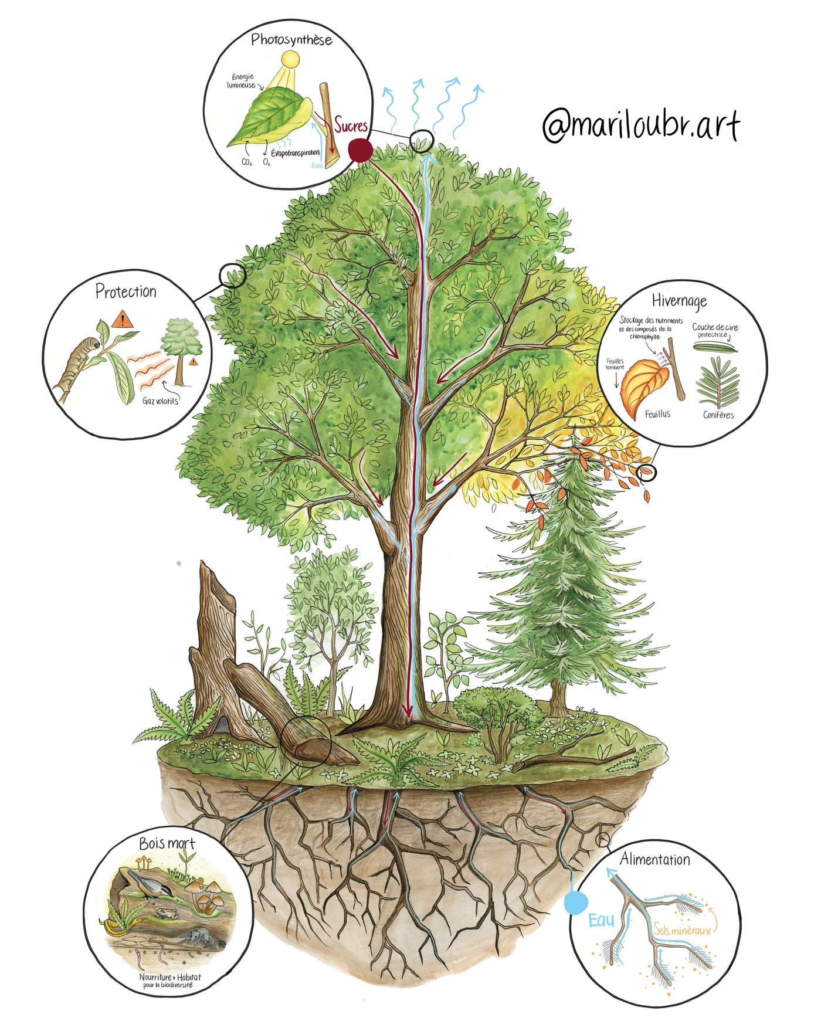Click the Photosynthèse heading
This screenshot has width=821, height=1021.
[x=291, y=40]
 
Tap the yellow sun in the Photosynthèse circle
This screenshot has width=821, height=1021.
[x=290, y=59]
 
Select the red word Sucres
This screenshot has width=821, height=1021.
[x=351, y=125]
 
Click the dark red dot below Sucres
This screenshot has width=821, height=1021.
[x=360, y=150]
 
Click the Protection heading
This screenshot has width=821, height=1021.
[x=126, y=291]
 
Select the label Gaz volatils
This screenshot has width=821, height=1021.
[x=160, y=401]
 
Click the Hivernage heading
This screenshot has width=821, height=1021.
[x=679, y=301]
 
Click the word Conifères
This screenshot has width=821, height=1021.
[x=718, y=415]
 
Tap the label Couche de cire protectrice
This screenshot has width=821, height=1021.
[x=715, y=330]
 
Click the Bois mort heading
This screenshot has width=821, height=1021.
[x=167, y=843]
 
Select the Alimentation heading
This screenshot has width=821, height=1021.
[x=655, y=860]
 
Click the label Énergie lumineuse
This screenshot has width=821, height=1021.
[x=242, y=81]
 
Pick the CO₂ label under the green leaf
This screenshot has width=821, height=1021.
[x=247, y=162]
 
